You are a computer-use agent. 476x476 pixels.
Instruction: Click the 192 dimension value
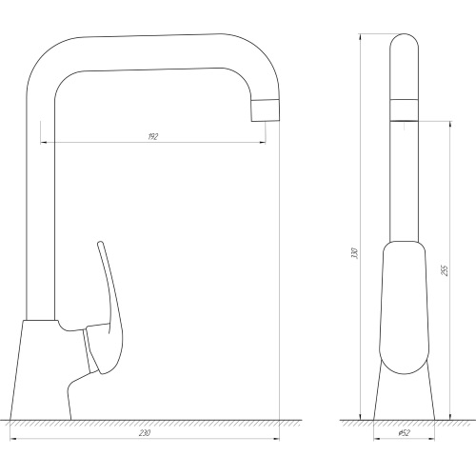[x=153, y=137]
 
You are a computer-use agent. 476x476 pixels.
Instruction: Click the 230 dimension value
[x=145, y=433]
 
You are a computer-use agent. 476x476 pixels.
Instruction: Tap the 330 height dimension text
[x=355, y=253]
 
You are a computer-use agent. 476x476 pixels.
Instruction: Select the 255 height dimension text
[x=445, y=270]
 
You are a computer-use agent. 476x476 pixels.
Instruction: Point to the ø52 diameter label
[x=405, y=433]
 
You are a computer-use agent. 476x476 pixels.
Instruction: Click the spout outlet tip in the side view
[x=266, y=110]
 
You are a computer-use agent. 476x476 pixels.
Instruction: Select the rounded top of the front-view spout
[x=404, y=40]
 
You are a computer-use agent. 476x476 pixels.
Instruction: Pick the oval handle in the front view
[x=404, y=307]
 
